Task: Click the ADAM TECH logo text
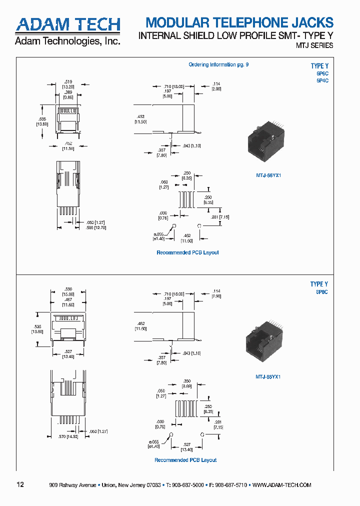pos(67,24)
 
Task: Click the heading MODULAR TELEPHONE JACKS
pos(239,22)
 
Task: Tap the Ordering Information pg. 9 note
pos(218,64)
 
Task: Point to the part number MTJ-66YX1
pos(265,175)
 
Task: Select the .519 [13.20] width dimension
pos(68,84)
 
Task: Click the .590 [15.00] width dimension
pos(68,291)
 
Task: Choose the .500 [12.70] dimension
pos(96,227)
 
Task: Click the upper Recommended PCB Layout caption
pos(187,252)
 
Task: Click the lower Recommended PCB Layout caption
pos(185,460)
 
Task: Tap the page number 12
pos(20,484)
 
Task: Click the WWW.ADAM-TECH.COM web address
pos(282,485)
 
